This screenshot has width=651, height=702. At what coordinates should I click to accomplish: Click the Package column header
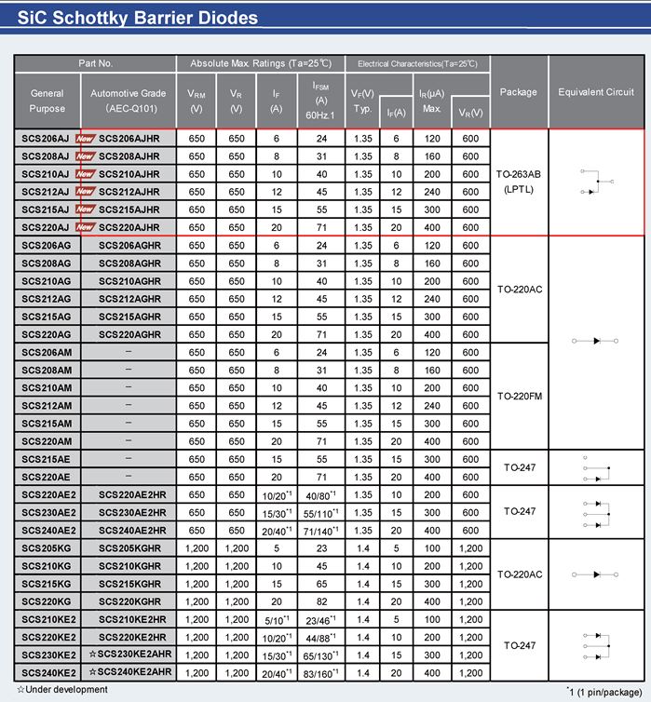pos(518,92)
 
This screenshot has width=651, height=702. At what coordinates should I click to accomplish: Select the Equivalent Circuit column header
pos(595,92)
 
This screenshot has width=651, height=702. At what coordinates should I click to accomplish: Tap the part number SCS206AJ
pos(45,138)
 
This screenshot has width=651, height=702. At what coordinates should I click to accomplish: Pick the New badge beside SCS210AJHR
pos(86,173)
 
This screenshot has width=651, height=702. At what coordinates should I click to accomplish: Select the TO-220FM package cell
pos(518,397)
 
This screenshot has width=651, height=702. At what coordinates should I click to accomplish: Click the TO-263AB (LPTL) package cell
pos(518,182)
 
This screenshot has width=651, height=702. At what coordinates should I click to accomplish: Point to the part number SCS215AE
pos(45,459)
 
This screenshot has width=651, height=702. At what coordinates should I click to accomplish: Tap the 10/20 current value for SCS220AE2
pos(276,494)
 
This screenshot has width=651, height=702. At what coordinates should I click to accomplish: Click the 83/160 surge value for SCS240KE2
pos(322,672)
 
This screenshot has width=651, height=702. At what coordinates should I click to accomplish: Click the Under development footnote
pos(61,690)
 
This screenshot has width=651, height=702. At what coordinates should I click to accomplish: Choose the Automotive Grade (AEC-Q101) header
pos(128,101)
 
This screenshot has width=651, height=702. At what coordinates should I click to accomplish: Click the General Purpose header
pos(47,101)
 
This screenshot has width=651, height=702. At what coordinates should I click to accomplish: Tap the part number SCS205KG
pos(45,547)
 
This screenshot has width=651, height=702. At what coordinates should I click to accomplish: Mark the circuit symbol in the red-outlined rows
pos(595,182)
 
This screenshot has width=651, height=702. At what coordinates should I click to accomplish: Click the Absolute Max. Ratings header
pos(260,63)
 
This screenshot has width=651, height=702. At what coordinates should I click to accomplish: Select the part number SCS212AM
pos(45,405)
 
